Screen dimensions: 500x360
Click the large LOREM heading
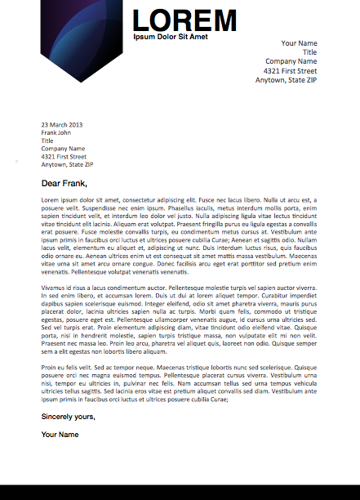184,20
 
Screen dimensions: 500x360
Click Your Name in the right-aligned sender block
299,43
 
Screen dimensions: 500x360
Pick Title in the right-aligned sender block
309,52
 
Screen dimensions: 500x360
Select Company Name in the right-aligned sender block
291,61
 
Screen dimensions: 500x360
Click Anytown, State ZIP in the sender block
286,80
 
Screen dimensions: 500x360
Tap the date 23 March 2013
62,125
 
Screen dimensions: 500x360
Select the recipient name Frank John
56,132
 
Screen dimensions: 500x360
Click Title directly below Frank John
47,141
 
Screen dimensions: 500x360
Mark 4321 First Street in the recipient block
64,156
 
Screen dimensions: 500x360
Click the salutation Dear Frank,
64,183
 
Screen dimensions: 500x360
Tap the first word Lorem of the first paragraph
51,200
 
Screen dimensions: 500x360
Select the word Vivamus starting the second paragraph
55,288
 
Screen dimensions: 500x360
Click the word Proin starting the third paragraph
50,368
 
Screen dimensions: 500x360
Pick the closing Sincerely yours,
69,417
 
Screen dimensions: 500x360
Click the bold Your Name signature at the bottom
60,435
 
